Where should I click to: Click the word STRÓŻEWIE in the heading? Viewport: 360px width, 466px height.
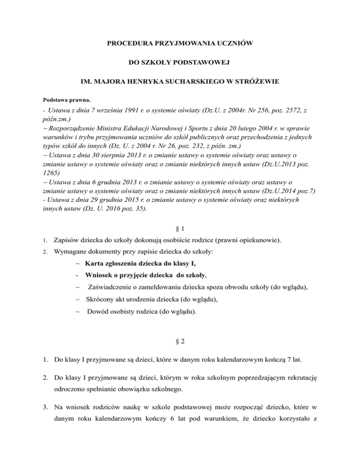(256, 82)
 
